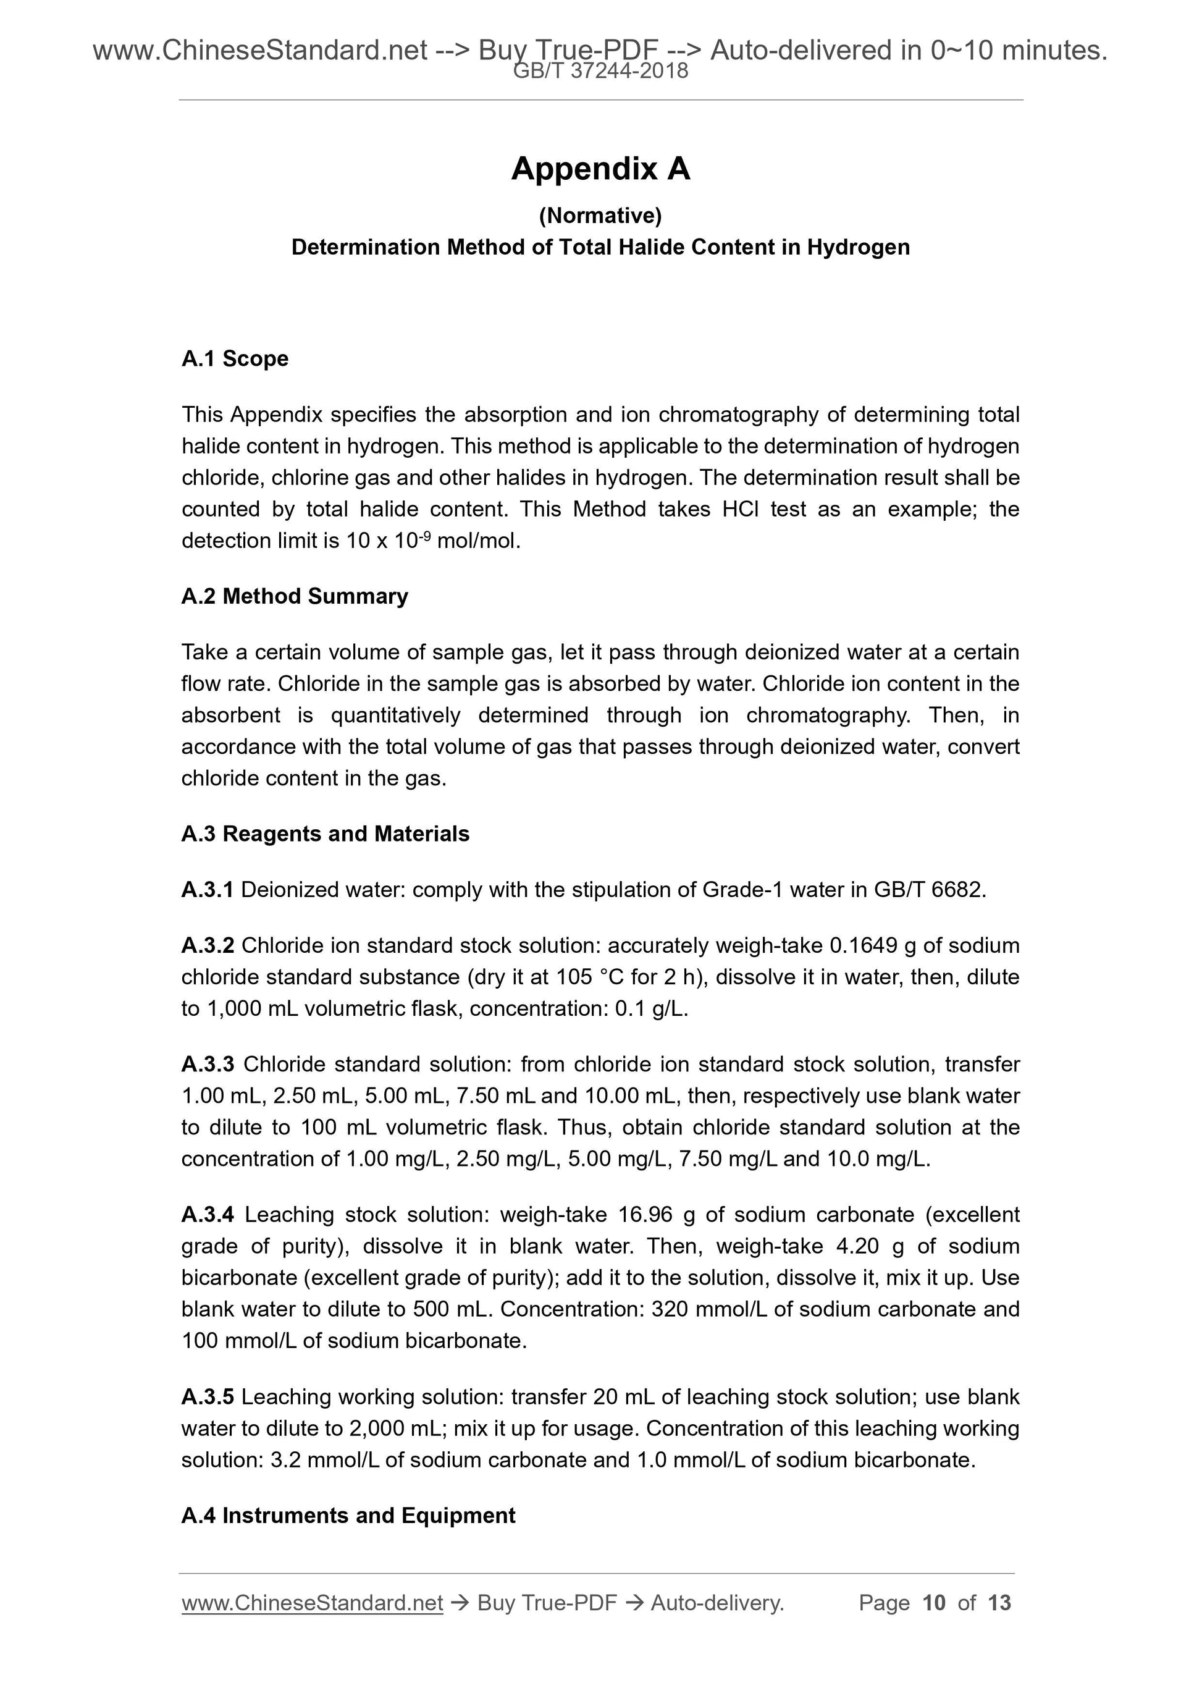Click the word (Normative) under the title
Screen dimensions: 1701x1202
pyautogui.click(x=600, y=216)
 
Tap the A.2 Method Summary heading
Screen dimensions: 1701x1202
pyautogui.click(x=294, y=596)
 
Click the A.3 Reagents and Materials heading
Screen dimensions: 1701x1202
pyautogui.click(x=325, y=834)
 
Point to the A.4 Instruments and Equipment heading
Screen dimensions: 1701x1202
pyautogui.click(x=348, y=1516)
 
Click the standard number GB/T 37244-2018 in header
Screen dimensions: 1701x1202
pyautogui.click(x=600, y=72)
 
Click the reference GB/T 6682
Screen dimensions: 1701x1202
pyautogui.click(x=930, y=890)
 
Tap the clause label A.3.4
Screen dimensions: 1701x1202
pyautogui.click(x=208, y=1215)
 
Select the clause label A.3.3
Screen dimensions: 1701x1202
pyautogui.click(x=208, y=1065)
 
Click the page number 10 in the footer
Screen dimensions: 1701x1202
pyautogui.click(x=934, y=1603)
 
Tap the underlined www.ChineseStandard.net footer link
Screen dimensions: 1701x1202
pyautogui.click(x=312, y=1603)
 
